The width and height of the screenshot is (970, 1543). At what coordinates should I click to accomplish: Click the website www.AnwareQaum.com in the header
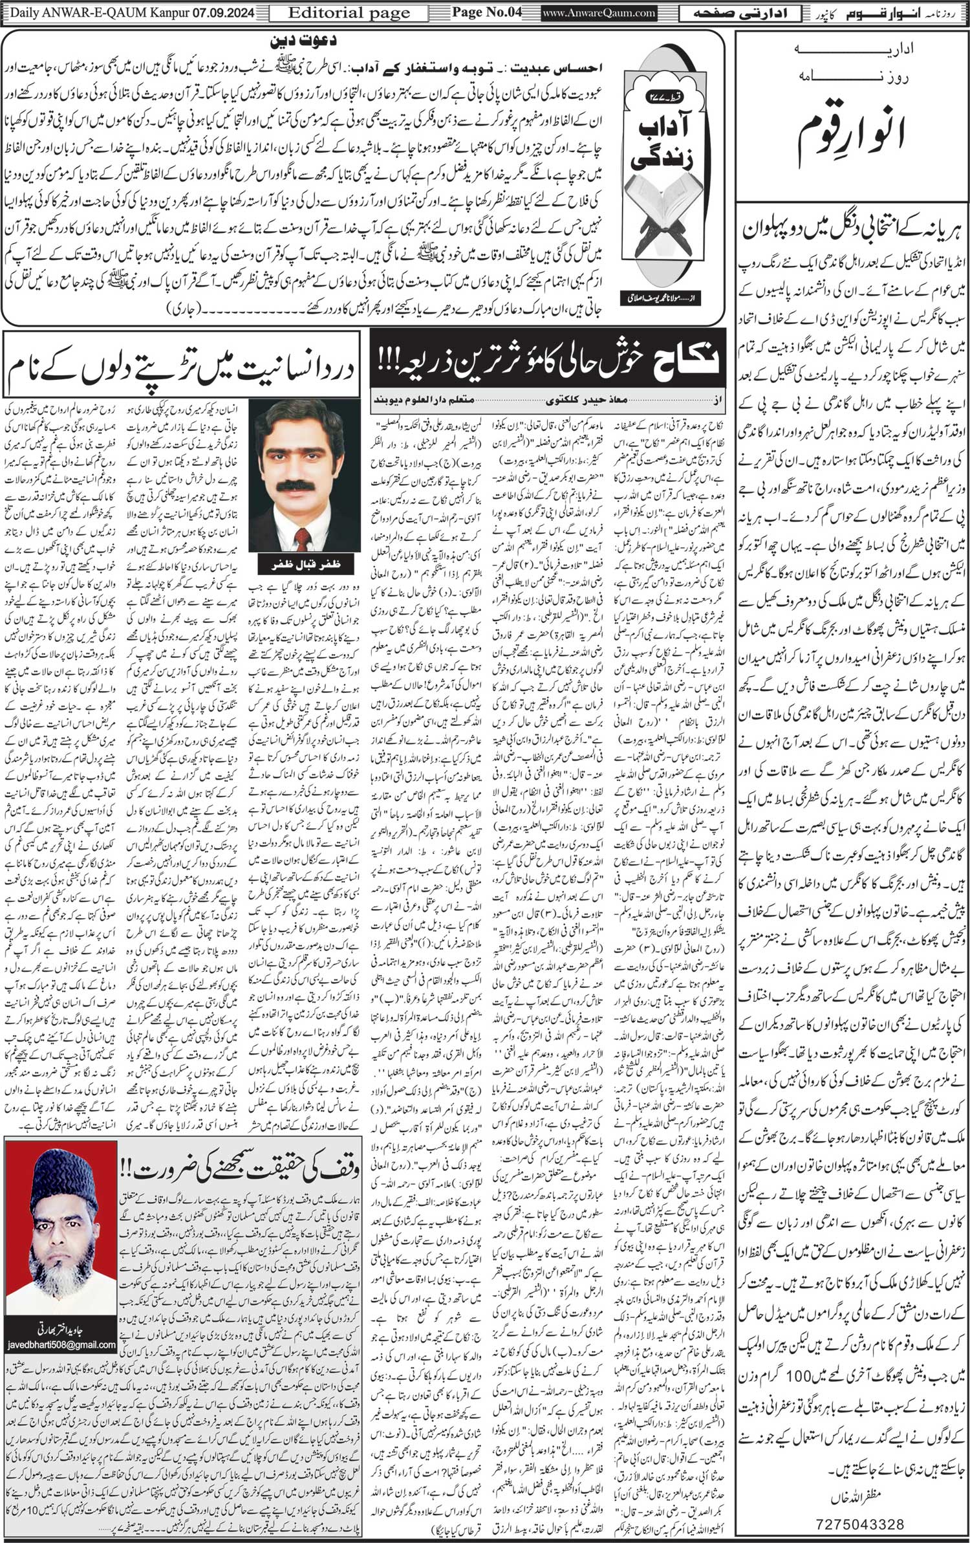click(590, 12)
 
